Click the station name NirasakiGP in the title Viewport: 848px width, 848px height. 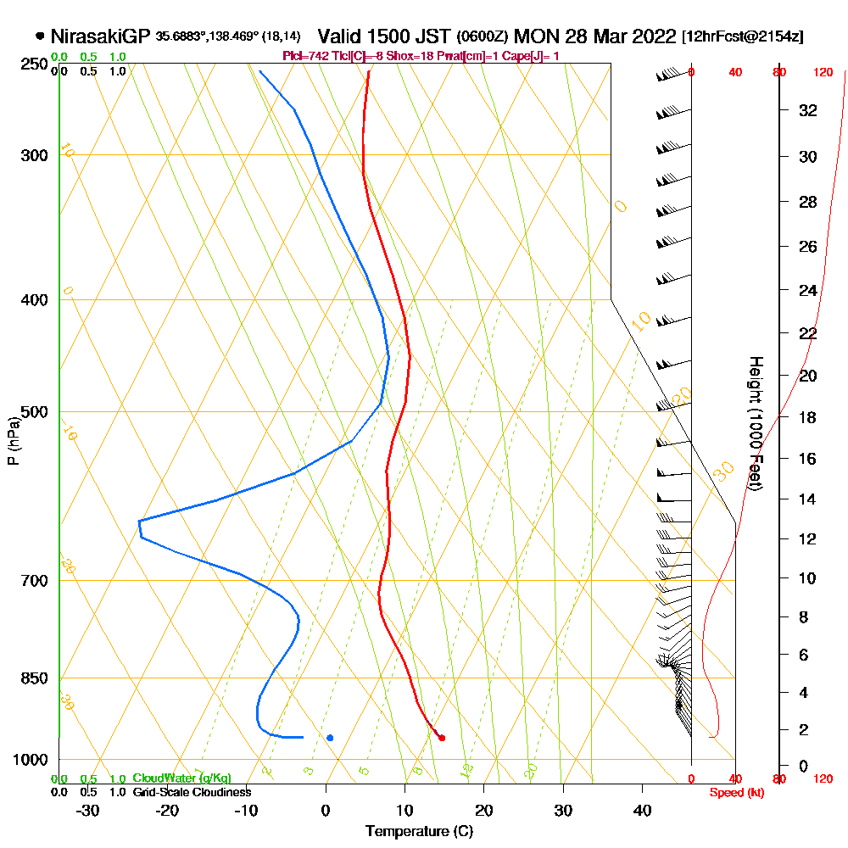tap(100, 36)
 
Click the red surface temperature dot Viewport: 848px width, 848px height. tap(442, 738)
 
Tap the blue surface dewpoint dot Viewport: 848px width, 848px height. tap(330, 738)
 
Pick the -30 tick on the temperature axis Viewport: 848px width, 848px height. tap(88, 810)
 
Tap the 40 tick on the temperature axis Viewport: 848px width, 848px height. tap(642, 810)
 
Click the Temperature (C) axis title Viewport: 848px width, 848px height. tap(419, 832)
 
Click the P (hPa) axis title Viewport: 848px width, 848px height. tap(13, 441)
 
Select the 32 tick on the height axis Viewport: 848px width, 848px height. tap(809, 110)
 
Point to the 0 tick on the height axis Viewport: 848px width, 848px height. tap(804, 767)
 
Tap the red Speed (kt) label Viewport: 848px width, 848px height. tap(734, 792)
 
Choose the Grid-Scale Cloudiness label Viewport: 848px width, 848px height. tap(192, 792)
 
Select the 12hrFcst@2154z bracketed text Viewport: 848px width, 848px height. tap(743, 37)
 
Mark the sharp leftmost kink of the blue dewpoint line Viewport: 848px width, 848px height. tap(139, 521)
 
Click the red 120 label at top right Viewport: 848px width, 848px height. tap(823, 73)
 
